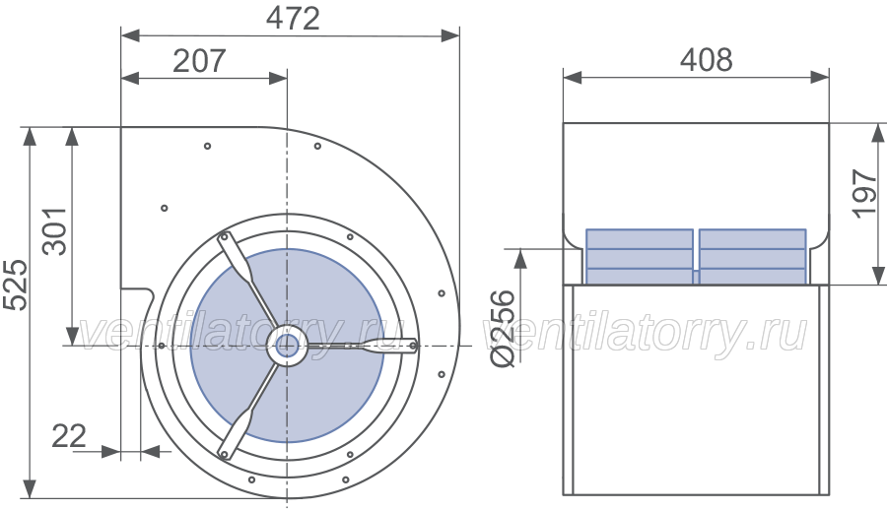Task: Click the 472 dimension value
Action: (x=293, y=18)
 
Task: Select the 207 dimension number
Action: (x=199, y=60)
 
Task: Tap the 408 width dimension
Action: (x=706, y=59)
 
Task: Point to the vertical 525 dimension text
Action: (x=15, y=285)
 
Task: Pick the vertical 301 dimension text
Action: (x=55, y=231)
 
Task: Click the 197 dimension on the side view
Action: (x=865, y=193)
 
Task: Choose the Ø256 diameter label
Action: (x=503, y=329)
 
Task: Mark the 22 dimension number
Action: (x=69, y=436)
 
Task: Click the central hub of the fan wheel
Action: (x=287, y=345)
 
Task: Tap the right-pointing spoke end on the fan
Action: (x=413, y=346)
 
